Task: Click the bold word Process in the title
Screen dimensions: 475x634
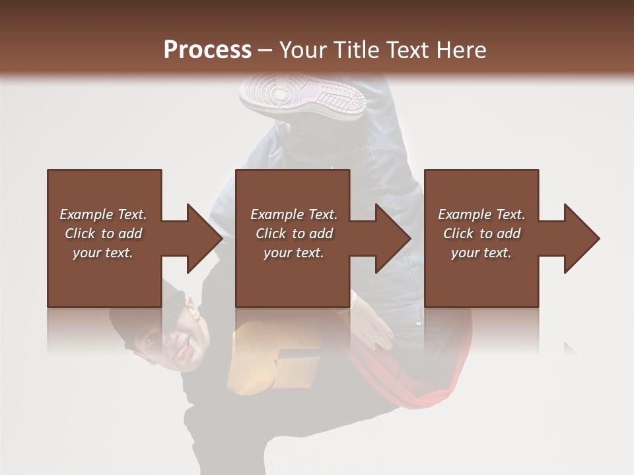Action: [207, 49]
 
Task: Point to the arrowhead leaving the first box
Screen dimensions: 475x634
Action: [204, 238]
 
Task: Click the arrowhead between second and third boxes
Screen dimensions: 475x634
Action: [393, 238]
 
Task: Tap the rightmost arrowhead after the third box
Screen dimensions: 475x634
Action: [581, 238]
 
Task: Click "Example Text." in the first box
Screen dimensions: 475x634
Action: [103, 214]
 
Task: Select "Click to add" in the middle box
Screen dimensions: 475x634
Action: [294, 234]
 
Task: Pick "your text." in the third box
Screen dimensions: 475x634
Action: [481, 253]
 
